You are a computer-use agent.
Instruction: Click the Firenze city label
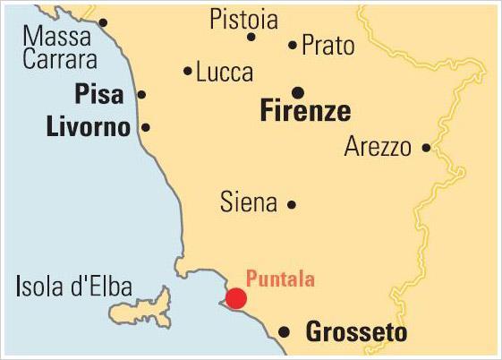(304, 113)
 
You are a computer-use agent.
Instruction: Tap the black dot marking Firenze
(298, 92)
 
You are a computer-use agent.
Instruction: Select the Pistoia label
(243, 20)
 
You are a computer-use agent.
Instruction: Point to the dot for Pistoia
(251, 37)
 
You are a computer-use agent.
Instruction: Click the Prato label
(328, 45)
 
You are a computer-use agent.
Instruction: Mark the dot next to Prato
(293, 44)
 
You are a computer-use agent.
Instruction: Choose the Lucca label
(225, 72)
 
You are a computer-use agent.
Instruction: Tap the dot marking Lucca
(188, 71)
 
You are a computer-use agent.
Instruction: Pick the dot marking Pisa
(141, 95)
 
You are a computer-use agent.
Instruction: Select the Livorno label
(88, 127)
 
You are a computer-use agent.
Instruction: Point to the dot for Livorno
(146, 127)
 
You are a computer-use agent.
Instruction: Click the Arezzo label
(378, 148)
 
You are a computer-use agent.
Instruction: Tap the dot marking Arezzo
(426, 148)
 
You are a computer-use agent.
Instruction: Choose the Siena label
(248, 203)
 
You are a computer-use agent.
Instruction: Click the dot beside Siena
(292, 204)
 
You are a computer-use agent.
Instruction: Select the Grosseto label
(350, 333)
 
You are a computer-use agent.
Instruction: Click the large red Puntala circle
(236, 298)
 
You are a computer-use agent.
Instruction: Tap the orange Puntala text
(280, 279)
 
